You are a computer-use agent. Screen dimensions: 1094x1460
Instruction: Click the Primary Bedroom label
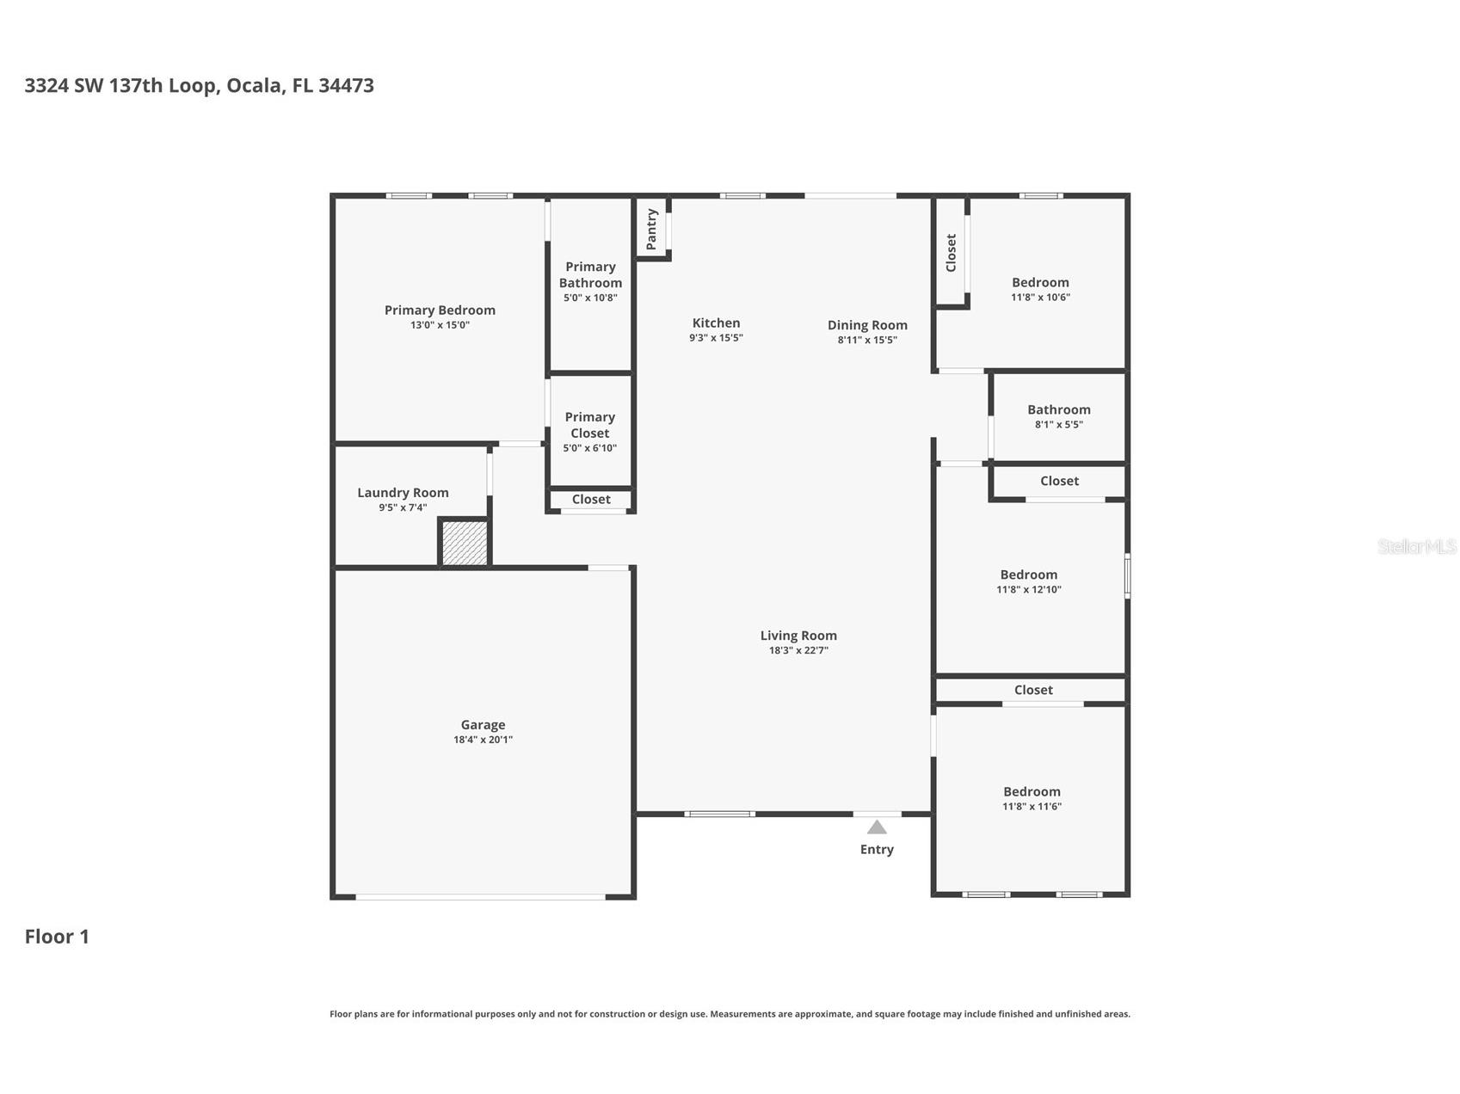point(440,310)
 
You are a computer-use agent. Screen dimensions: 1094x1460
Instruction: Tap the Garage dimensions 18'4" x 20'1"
point(483,740)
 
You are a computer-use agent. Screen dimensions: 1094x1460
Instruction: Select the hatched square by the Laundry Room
point(465,544)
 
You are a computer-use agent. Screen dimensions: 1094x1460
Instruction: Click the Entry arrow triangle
point(877,827)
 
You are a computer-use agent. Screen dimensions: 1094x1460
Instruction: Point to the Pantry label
point(651,229)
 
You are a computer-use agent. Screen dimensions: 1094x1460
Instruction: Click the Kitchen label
point(716,323)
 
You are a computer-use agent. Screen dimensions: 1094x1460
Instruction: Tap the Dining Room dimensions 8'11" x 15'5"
point(867,340)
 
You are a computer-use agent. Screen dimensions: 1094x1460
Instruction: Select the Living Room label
point(798,636)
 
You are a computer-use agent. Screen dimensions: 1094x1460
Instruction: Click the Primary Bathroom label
point(590,275)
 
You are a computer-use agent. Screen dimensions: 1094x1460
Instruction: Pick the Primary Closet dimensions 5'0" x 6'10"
point(590,448)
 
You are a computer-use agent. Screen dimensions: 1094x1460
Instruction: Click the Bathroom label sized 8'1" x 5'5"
point(1058,409)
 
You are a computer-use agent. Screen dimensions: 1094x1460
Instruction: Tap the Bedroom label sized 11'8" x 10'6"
point(1040,282)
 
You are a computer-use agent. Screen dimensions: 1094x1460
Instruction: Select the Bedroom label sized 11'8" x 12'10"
point(1028,575)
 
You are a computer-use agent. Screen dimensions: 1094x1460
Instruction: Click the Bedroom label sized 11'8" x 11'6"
point(1032,791)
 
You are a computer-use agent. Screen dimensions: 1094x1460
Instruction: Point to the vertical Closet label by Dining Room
point(951,252)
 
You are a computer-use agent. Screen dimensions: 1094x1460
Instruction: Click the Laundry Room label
point(403,493)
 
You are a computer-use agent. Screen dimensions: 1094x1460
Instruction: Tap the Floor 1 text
point(57,937)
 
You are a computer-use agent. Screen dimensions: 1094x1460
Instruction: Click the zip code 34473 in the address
point(346,85)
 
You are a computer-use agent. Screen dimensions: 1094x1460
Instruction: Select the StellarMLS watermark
point(1416,546)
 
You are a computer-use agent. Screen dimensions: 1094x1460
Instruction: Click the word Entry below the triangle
point(877,850)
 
